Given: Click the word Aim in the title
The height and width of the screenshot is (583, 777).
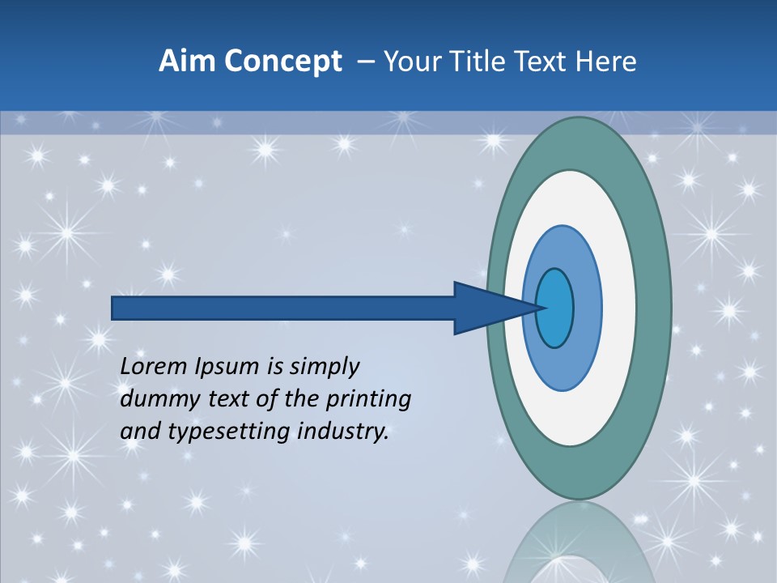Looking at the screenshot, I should (x=187, y=61).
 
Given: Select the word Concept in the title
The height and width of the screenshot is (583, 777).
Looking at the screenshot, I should (x=282, y=62).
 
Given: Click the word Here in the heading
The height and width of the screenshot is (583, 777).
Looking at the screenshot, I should (x=607, y=61).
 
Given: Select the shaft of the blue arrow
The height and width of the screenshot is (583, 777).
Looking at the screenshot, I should (x=283, y=308).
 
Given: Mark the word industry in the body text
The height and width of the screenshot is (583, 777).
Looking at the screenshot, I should (x=344, y=432).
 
